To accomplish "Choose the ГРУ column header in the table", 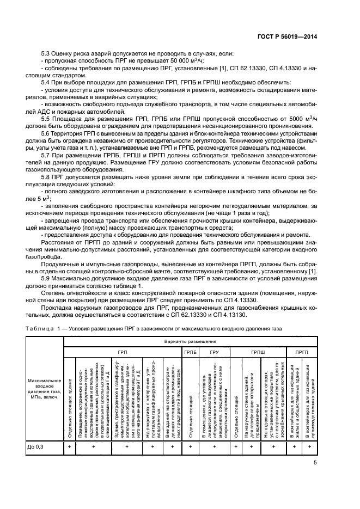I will click(214, 352).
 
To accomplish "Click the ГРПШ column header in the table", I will click(258, 352).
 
